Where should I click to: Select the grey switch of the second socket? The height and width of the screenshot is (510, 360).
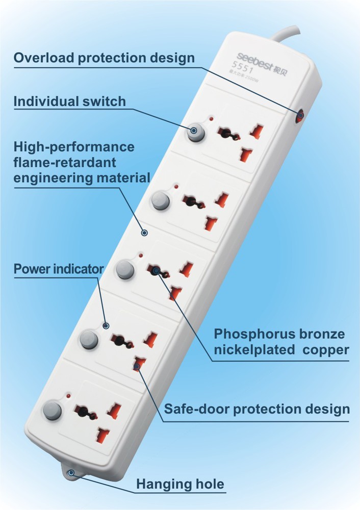tap(160, 200)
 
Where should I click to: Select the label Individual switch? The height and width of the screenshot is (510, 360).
tap(69, 101)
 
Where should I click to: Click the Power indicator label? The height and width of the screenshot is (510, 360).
tap(59, 268)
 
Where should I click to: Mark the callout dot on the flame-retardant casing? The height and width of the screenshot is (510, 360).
tap(144, 233)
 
